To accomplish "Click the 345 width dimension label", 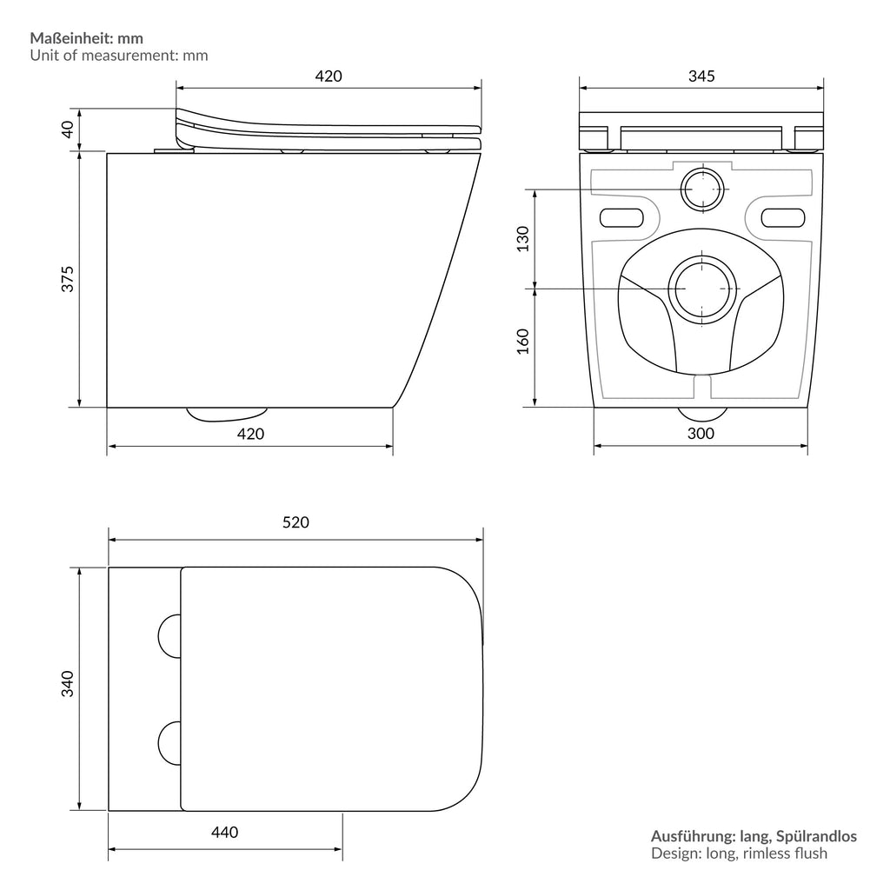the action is point(701,76).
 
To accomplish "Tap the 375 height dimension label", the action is point(68,279).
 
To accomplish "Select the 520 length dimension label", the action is point(296,522).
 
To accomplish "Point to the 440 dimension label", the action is point(225,832).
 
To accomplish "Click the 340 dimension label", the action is point(68,684).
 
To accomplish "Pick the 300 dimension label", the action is point(701,434).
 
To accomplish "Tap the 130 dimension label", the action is point(522,239).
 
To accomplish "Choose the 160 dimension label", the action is point(522,341).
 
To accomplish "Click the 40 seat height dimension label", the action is point(68,130).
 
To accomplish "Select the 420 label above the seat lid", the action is point(329,76).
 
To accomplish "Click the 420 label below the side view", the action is point(251,434).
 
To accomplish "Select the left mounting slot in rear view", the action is point(621,218).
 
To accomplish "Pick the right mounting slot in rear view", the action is point(783,218).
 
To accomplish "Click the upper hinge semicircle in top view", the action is point(159,635).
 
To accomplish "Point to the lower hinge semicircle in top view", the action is point(159,744).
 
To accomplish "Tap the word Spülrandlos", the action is point(816,836).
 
